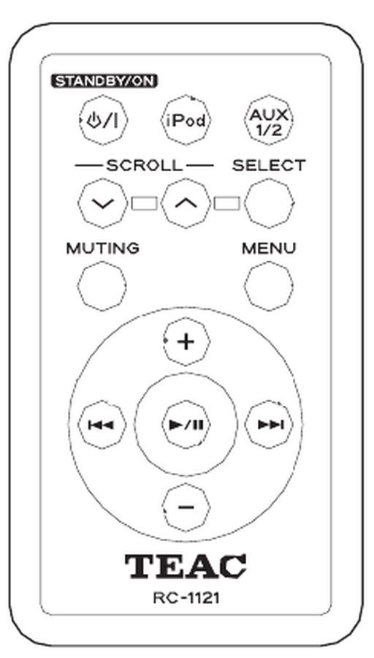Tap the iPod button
tap(186, 121)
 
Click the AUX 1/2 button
tap(268, 121)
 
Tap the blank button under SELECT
tap(268, 203)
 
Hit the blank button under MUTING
tap(102, 286)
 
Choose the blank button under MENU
tap(268, 286)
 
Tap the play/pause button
tap(186, 425)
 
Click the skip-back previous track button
tap(102, 425)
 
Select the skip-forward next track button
tap(269, 425)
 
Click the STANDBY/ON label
tap(104, 81)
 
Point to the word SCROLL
tap(145, 166)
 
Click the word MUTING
tap(103, 249)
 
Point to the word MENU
tap(269, 249)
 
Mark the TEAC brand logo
tap(186, 566)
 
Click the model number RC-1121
tap(186, 598)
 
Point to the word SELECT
tap(269, 166)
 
